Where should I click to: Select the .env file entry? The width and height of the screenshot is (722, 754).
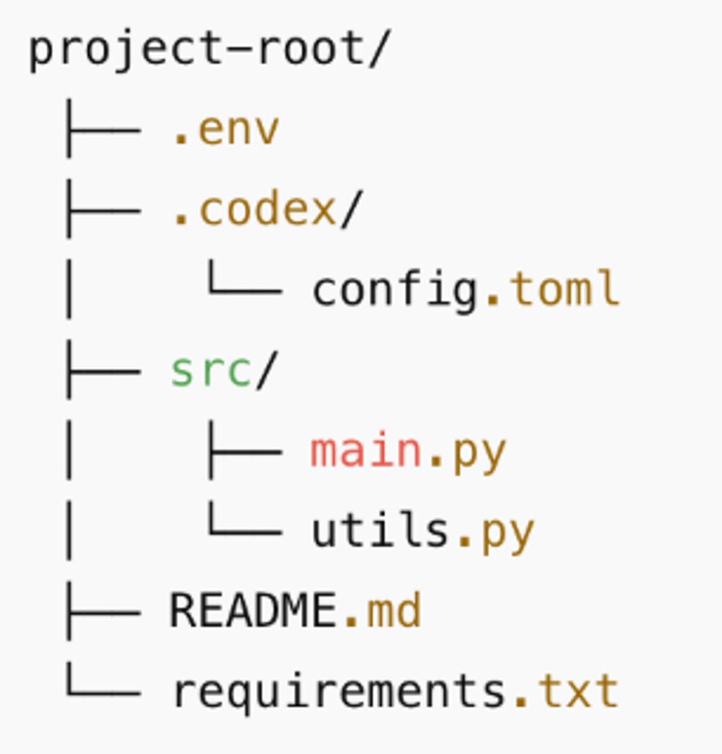point(226,129)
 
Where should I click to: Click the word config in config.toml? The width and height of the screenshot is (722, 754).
point(395,290)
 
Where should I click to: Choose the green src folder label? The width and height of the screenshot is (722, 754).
point(211,370)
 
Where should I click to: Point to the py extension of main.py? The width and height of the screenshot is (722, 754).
point(479,452)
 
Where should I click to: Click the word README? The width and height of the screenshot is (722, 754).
point(253,611)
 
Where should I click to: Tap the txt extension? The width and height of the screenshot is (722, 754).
point(578,691)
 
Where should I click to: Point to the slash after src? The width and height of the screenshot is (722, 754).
point(265,370)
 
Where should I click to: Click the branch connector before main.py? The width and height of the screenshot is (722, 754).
point(244,451)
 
